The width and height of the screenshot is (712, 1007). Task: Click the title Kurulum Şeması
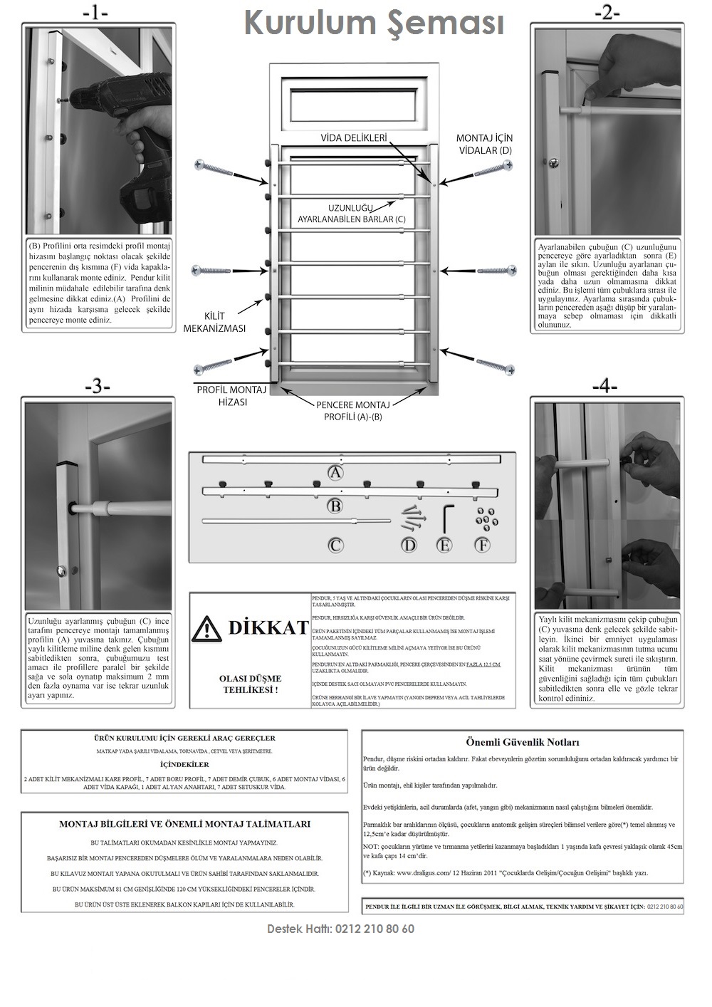pyautogui.click(x=374, y=23)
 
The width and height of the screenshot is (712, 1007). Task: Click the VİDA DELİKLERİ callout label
pyautogui.click(x=353, y=138)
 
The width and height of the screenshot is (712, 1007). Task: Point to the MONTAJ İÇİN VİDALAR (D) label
pyautogui.click(x=484, y=144)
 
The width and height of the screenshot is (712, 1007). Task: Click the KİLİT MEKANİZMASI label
pyautogui.click(x=214, y=322)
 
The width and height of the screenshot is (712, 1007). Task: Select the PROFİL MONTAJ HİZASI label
pyautogui.click(x=231, y=396)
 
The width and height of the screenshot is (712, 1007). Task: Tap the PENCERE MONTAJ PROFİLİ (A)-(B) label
pyautogui.click(x=352, y=410)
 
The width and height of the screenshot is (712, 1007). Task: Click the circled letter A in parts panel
pyautogui.click(x=335, y=471)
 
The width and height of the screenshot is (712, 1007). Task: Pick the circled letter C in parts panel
pyautogui.click(x=335, y=545)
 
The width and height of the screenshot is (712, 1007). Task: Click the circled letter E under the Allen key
pyautogui.click(x=444, y=545)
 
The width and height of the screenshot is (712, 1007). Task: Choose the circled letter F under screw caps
pyautogui.click(x=482, y=545)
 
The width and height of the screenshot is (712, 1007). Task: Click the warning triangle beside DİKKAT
pyautogui.click(x=207, y=627)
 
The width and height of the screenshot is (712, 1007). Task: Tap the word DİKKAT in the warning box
pyautogui.click(x=268, y=627)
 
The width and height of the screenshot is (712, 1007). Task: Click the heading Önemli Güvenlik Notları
pyautogui.click(x=523, y=742)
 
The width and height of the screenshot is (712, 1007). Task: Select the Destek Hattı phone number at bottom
pyautogui.click(x=340, y=929)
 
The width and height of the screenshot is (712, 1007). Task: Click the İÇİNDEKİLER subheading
pyautogui.click(x=184, y=764)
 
